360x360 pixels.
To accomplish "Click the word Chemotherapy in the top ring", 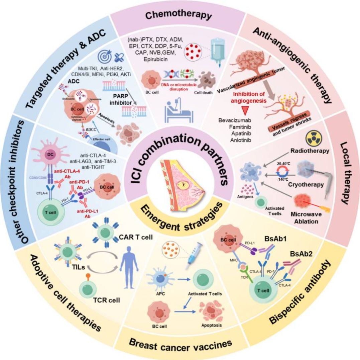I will click(179, 15).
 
